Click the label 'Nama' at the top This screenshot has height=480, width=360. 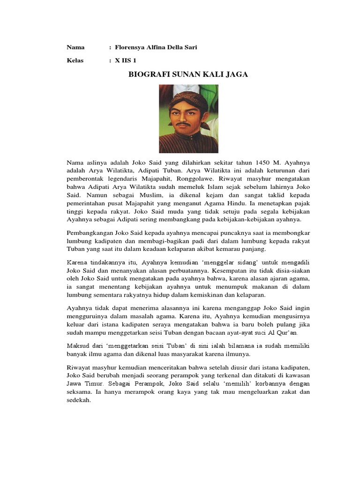pos(75,47)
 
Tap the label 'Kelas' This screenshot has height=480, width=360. pos(75,60)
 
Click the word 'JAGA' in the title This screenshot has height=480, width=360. pos(237,75)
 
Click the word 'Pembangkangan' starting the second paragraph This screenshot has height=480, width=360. pos(90,233)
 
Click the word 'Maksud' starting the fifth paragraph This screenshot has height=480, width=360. pos(77,346)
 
